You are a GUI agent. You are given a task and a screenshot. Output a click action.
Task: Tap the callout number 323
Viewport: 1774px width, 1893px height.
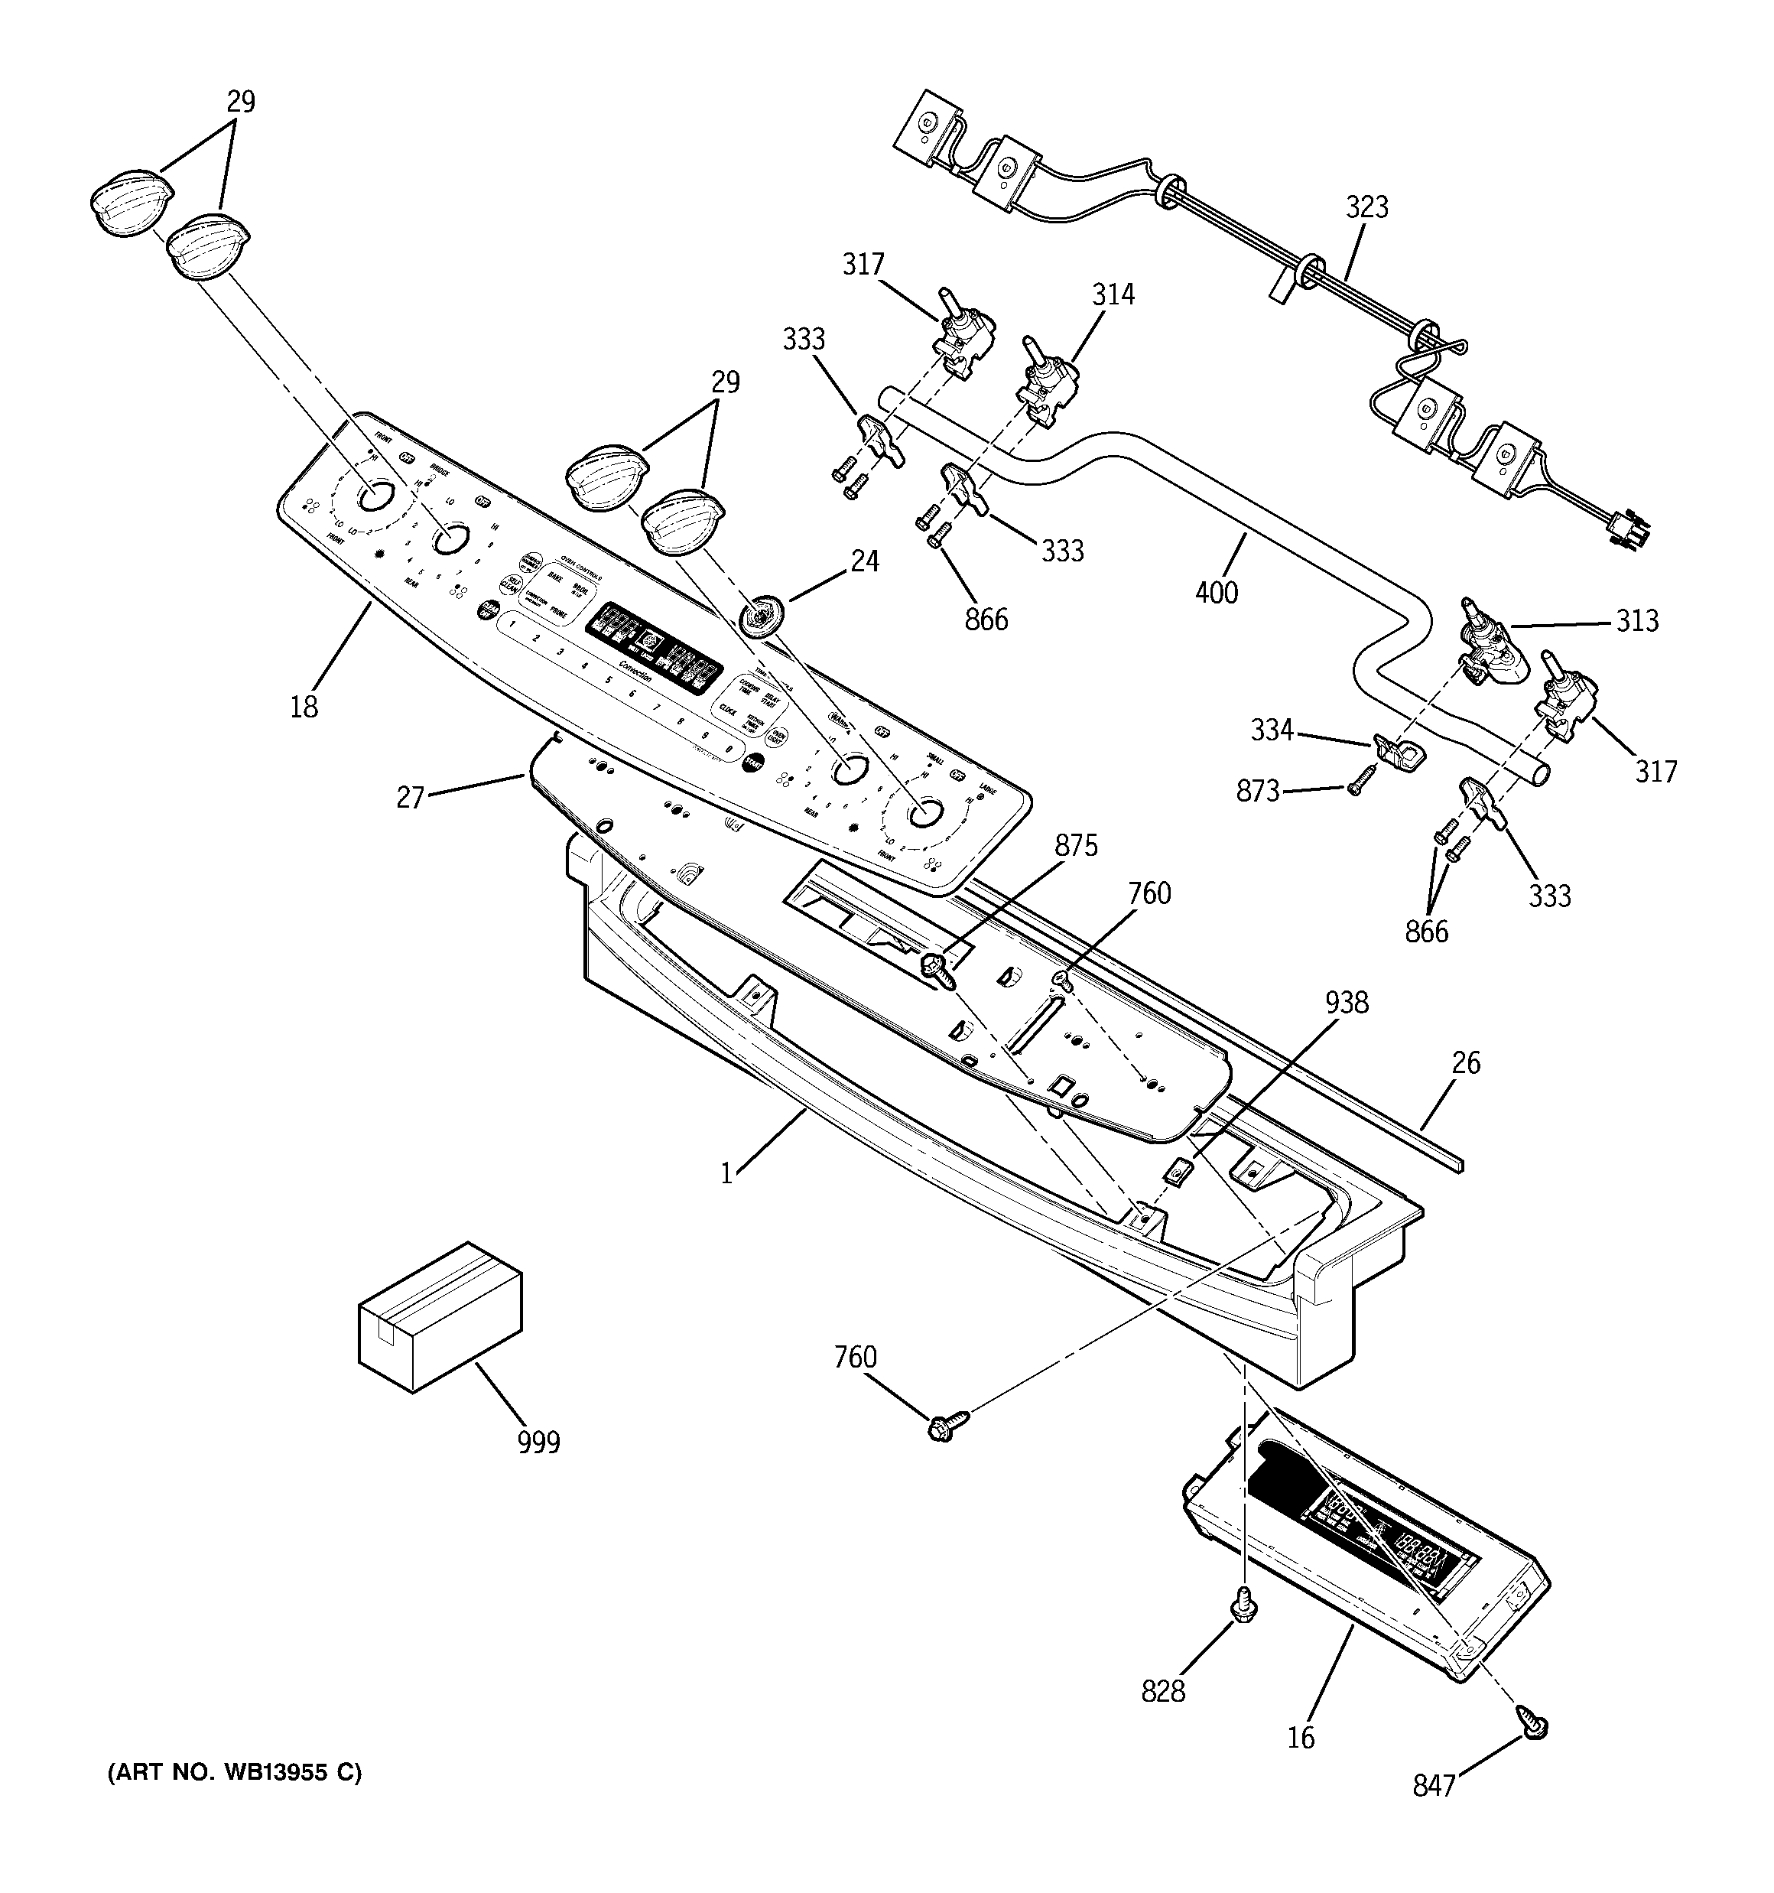pos(1366,207)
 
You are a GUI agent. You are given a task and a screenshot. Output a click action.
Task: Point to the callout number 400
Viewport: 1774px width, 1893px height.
pos(1216,592)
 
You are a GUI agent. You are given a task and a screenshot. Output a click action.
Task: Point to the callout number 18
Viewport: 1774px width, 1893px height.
pos(304,707)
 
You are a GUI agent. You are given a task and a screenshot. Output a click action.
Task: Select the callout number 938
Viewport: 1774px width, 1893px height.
pos(1347,1002)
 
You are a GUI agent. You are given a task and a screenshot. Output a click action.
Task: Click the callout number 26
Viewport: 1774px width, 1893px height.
pos(1466,1062)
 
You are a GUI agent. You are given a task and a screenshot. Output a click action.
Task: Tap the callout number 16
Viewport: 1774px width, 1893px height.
pos(1300,1738)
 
